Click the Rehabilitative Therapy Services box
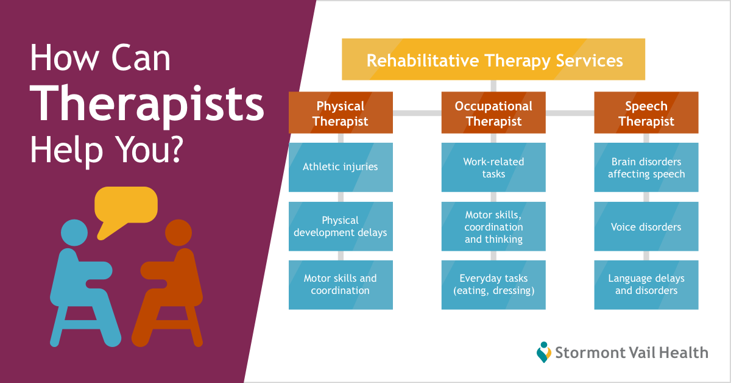(493, 60)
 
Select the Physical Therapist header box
(341, 113)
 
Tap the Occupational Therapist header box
(493, 113)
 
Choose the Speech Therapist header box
(646, 113)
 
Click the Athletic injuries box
(341, 167)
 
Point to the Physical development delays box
(341, 226)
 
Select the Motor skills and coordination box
(341, 285)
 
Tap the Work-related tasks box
(493, 167)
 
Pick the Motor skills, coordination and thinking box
(493, 226)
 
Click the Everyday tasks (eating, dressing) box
(493, 285)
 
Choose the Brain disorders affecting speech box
(646, 167)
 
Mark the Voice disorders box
(646, 226)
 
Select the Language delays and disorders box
(646, 285)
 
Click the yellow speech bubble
(126, 206)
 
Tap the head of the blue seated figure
(74, 233)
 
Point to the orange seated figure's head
(178, 233)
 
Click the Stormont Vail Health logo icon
(543, 353)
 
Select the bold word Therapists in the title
(147, 104)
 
